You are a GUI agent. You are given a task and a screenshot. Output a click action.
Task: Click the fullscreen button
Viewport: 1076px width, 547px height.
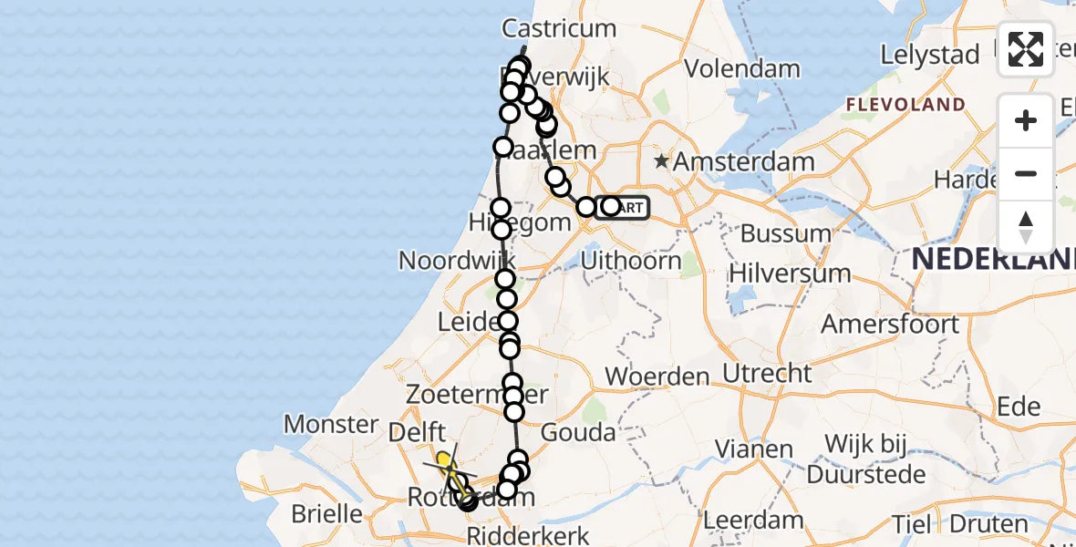pos(1026,49)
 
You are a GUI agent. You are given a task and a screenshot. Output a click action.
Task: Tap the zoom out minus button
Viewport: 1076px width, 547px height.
pos(1026,173)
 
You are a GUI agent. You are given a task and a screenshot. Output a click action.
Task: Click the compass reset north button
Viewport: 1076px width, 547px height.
pos(1026,227)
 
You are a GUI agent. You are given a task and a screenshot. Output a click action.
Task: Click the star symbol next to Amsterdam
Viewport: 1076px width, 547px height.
pos(661,163)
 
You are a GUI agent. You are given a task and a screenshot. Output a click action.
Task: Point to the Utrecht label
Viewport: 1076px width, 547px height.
pos(767,372)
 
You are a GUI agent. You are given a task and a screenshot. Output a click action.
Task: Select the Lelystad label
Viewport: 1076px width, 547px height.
pos(929,55)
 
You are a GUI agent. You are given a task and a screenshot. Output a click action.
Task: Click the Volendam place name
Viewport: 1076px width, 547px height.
pos(742,68)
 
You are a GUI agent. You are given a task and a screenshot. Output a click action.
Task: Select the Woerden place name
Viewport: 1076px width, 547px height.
pos(657,376)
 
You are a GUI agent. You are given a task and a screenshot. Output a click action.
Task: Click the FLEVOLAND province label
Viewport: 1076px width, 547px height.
pos(905,105)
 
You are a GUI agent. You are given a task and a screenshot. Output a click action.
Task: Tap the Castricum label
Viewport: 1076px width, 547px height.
pos(560,28)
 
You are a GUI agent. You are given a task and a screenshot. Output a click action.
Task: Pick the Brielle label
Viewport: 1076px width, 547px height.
pos(327,513)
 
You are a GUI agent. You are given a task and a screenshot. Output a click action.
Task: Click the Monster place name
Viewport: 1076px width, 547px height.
pos(331,424)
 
